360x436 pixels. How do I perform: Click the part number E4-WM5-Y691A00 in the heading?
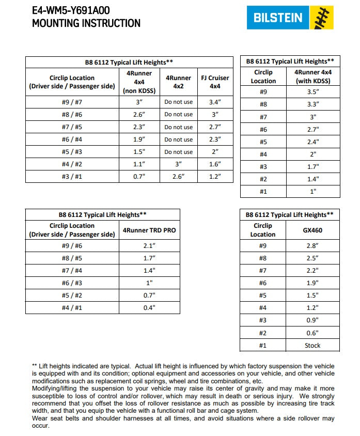click(71, 10)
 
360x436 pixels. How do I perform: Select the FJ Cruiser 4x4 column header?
click(215, 82)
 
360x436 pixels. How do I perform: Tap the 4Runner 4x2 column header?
click(178, 82)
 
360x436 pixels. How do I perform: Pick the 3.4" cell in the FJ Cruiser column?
click(215, 102)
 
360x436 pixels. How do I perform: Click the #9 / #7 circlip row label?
click(72, 102)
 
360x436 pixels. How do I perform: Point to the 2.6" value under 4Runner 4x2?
click(178, 177)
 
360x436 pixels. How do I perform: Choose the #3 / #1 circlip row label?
click(72, 177)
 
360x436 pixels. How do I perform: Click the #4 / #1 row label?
click(72, 307)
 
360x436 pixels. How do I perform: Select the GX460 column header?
click(312, 230)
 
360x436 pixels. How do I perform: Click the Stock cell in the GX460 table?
click(312, 346)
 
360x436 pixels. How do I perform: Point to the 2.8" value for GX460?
click(312, 246)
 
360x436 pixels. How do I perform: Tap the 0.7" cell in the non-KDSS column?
click(139, 177)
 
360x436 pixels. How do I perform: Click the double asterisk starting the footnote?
click(35, 366)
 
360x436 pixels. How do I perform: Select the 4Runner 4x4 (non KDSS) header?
click(139, 82)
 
